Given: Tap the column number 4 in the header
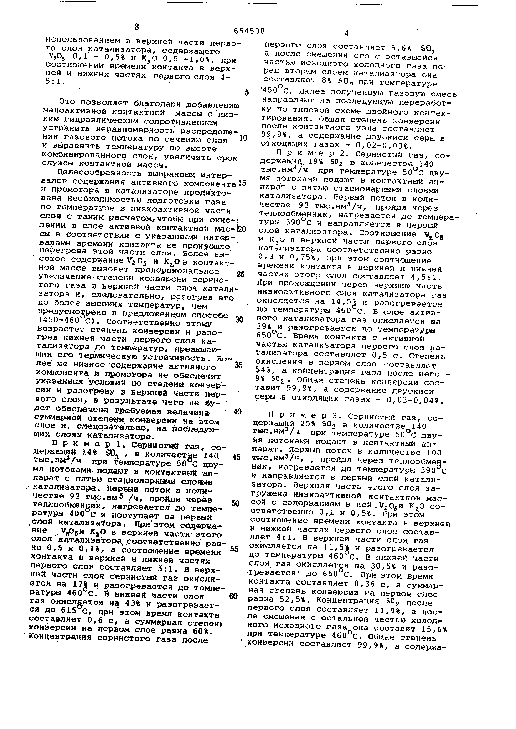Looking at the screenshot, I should [346, 33].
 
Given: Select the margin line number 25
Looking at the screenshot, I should [241, 274].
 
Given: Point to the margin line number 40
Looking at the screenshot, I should [237, 412].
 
